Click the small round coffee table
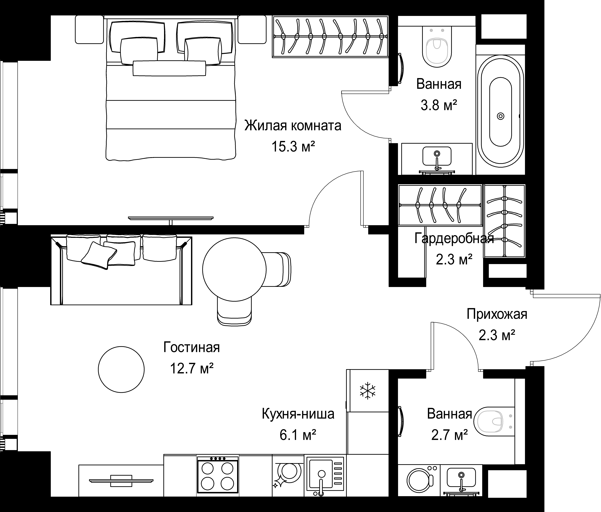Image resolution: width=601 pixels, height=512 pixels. [121, 369]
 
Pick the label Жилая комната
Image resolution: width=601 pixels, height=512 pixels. [293, 126]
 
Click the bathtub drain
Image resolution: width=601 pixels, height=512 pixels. [501, 116]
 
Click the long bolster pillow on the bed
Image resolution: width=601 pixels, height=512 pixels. [169, 68]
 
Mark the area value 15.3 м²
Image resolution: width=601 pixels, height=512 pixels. [293, 147]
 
